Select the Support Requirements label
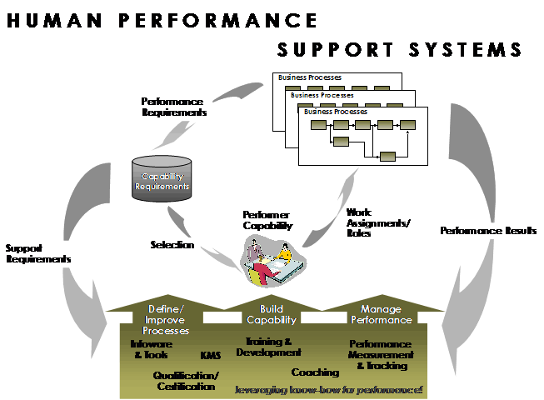tap(38, 253)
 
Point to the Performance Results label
tap(488, 230)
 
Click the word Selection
tap(172, 245)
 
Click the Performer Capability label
tap(268, 220)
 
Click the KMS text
tap(210, 356)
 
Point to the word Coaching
tap(315, 372)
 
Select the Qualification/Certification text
tap(186, 380)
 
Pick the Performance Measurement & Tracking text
tap(380, 354)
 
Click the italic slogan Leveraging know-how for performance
tap(329, 389)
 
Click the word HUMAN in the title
tap(51, 21)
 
